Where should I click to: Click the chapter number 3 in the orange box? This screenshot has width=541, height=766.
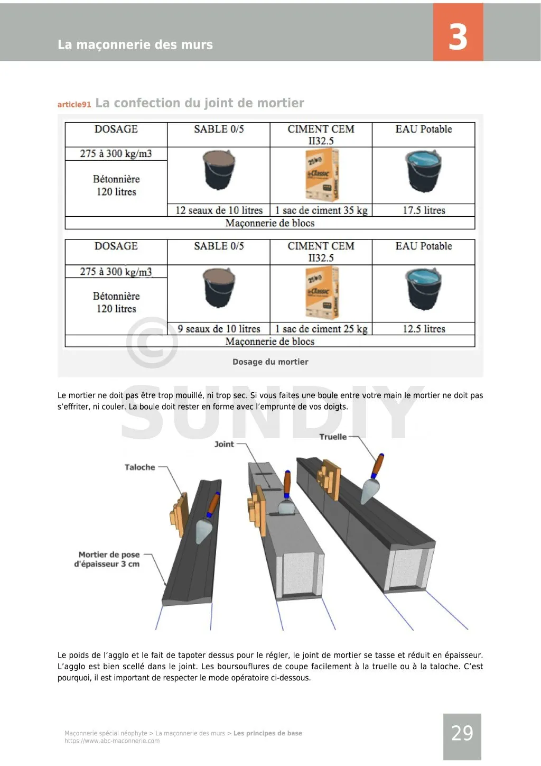tap(458, 36)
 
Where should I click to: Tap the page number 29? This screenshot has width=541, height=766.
tap(462, 733)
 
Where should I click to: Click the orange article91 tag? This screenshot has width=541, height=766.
tap(74, 105)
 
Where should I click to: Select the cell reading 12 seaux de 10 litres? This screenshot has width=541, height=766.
tap(219, 210)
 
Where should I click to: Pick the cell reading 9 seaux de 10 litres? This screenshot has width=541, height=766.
tap(219, 329)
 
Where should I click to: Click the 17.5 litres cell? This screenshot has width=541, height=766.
tap(424, 210)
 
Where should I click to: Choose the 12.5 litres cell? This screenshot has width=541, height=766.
tap(424, 329)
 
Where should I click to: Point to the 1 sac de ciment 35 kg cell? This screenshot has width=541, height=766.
tap(321, 210)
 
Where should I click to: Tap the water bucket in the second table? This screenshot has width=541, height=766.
tap(424, 289)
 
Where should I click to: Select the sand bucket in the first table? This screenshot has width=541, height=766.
tap(219, 170)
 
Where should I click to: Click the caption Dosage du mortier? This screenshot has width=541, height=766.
tap(270, 362)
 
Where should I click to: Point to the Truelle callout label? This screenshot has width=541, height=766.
tap(333, 437)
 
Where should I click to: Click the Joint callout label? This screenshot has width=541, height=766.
tap(224, 444)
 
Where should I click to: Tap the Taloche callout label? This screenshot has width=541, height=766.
tap(140, 467)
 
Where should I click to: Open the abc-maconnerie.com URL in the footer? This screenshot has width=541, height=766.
tap(112, 741)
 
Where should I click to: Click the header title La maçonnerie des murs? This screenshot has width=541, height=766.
tap(135, 45)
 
